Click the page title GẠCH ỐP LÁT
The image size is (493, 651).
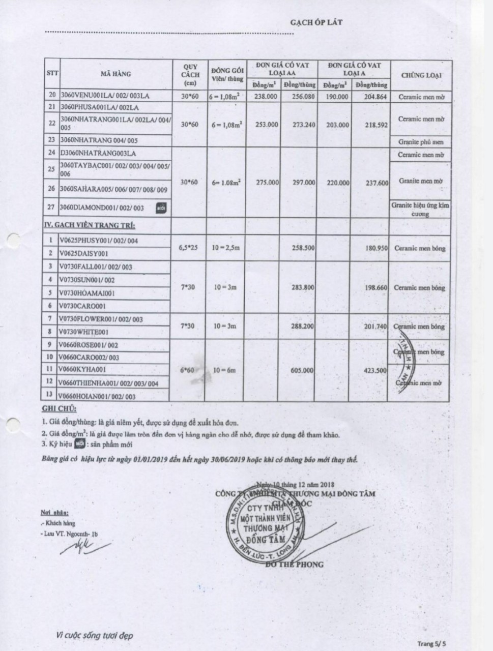(x=316, y=22)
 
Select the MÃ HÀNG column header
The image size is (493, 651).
(x=115, y=74)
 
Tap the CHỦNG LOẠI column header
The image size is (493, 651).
(x=421, y=75)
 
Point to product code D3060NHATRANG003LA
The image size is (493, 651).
(x=98, y=153)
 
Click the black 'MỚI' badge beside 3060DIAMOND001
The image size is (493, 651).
(x=162, y=208)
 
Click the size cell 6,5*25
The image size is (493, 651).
(x=188, y=247)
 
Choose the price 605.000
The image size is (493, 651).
(x=303, y=370)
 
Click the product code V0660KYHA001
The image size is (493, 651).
(x=82, y=370)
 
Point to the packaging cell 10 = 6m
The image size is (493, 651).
(x=224, y=370)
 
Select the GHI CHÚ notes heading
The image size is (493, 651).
(x=59, y=409)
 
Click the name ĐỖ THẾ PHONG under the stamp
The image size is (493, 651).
(x=293, y=564)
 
